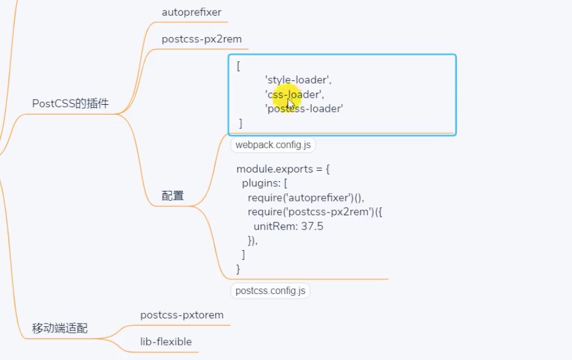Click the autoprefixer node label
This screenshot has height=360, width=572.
point(191,12)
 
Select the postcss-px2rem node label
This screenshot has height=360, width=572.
point(201,39)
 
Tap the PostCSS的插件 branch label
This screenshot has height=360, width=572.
point(70,104)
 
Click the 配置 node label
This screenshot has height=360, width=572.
point(173,196)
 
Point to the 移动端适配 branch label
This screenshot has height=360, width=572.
point(60,329)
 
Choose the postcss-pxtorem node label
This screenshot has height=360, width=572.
point(182,315)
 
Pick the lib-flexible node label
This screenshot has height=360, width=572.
point(166,341)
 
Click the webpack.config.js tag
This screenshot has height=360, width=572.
point(273,145)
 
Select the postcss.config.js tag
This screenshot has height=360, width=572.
point(270,291)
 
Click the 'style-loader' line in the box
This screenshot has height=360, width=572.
point(298,80)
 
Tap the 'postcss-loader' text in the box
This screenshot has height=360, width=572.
point(304,108)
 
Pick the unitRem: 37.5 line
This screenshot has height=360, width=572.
point(288,226)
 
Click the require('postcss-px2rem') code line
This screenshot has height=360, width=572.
point(315,212)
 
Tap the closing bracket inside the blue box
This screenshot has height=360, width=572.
point(240,123)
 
